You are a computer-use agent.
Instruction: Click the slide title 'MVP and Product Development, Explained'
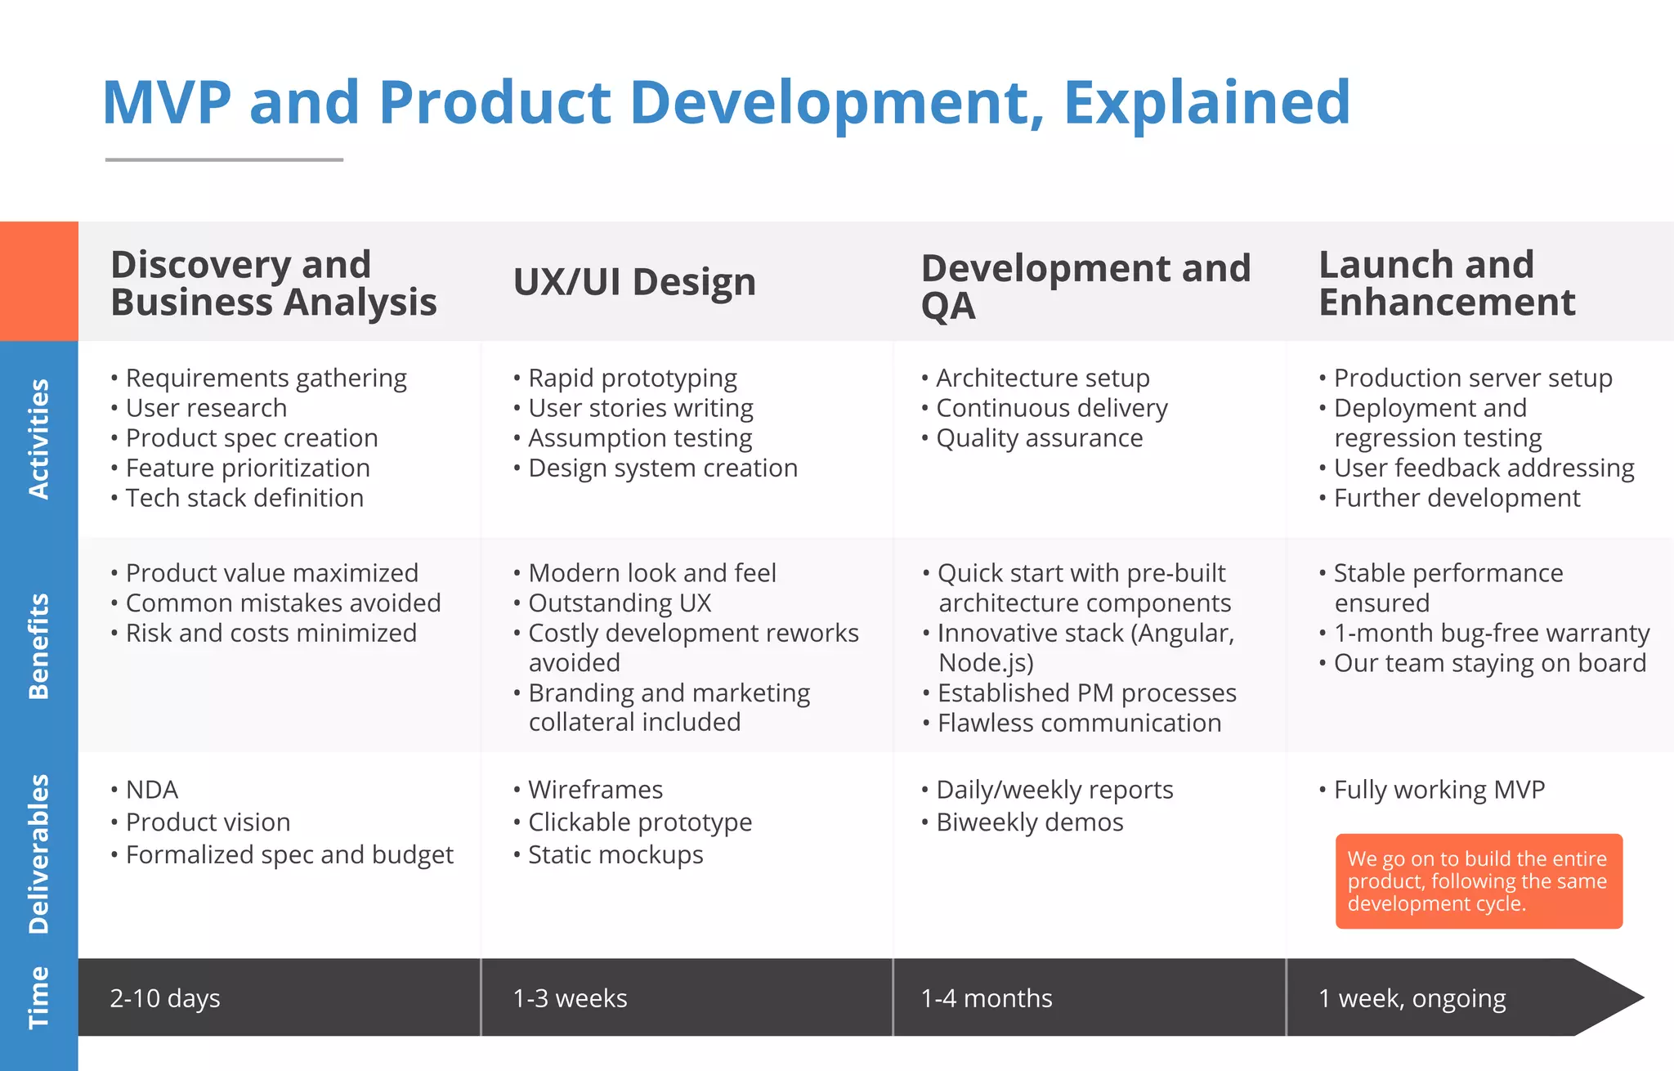(726, 103)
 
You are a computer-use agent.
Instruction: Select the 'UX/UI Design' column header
(634, 282)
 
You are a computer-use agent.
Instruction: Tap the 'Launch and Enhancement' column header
(1446, 283)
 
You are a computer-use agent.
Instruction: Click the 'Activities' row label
(38, 438)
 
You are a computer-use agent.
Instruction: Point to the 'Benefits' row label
(38, 646)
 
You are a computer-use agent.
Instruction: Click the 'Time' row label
(38, 997)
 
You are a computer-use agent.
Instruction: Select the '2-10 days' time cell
(165, 998)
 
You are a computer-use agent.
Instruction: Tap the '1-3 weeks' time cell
(570, 998)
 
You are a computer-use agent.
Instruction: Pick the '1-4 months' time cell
(987, 998)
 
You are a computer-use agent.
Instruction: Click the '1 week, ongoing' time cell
(1412, 998)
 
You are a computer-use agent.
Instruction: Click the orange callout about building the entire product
(1478, 881)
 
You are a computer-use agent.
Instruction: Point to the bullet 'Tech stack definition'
(244, 498)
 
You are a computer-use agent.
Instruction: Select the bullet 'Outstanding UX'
(620, 603)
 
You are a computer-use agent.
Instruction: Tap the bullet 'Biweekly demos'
(1030, 822)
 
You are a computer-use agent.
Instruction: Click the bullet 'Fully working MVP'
(1439, 790)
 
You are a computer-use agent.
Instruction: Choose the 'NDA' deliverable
(151, 790)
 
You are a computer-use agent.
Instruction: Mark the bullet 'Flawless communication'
(1079, 724)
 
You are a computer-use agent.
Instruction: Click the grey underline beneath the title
(224, 160)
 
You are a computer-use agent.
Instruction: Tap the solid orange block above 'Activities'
(38, 281)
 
